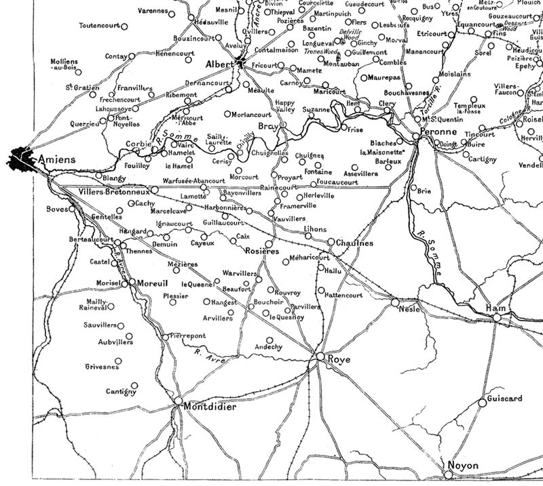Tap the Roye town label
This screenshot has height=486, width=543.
pos(339,359)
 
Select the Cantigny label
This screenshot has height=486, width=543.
pos(121,391)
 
